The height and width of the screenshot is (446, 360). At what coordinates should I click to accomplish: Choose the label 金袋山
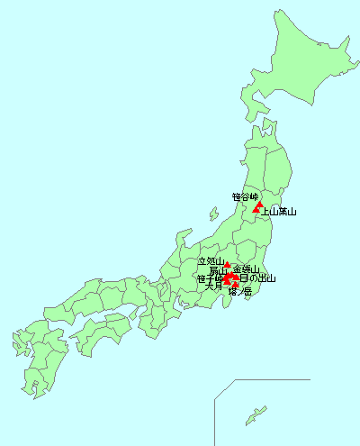(x=246, y=269)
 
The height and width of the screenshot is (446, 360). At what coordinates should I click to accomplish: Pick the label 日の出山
(x=257, y=278)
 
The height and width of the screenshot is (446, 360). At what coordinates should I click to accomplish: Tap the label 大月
(x=213, y=287)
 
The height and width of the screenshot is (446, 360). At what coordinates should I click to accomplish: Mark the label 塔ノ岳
(x=239, y=292)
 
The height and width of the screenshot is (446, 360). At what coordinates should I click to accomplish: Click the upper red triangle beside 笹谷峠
(x=260, y=204)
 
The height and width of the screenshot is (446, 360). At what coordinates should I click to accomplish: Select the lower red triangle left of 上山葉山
(x=256, y=210)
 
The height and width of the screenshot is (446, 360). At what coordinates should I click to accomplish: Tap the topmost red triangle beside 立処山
(x=227, y=265)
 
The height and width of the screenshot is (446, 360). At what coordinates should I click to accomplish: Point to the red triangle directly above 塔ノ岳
(x=236, y=285)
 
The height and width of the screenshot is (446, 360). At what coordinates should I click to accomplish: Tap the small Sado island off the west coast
(x=212, y=215)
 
